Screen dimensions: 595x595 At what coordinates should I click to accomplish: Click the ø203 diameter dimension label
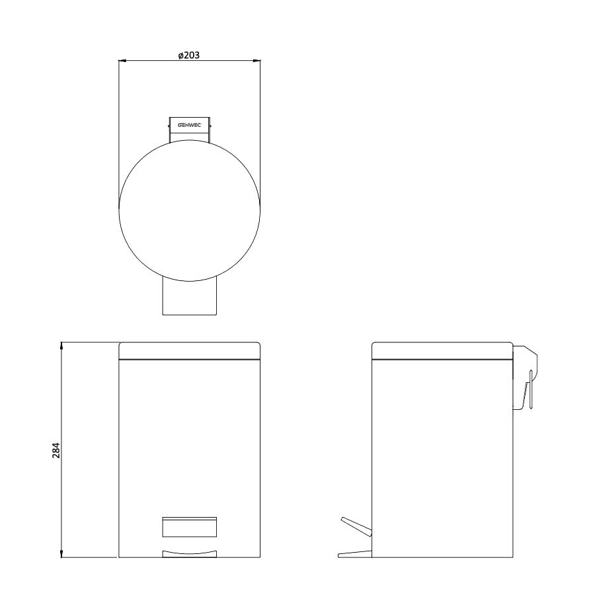(x=189, y=55)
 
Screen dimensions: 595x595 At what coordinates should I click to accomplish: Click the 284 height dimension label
(x=56, y=450)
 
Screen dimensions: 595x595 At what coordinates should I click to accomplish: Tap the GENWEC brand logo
(x=189, y=125)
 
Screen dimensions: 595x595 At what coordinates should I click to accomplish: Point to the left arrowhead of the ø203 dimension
(x=122, y=60)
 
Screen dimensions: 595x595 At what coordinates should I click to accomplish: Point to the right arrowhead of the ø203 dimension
(x=257, y=60)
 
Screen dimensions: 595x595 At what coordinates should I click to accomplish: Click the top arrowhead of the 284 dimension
(x=61, y=346)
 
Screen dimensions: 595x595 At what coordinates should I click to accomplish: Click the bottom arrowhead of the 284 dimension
(x=61, y=554)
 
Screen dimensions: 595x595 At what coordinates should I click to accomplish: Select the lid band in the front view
(x=189, y=350)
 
